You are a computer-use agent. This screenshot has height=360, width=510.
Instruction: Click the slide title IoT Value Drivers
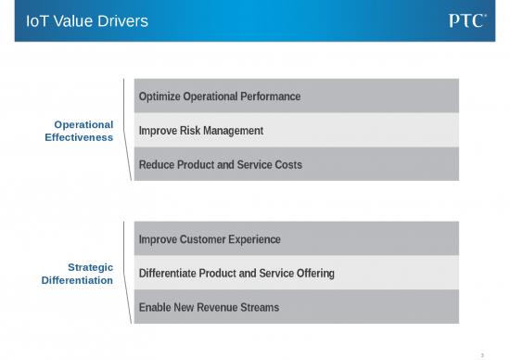pyautogui.click(x=87, y=20)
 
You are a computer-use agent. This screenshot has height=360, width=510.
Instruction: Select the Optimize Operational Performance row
pyautogui.click(x=297, y=96)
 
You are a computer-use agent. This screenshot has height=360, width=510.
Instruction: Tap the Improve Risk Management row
pyautogui.click(x=297, y=130)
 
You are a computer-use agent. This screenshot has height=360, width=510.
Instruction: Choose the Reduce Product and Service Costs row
pyautogui.click(x=297, y=164)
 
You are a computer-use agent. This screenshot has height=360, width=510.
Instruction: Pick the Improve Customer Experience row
pyautogui.click(x=297, y=239)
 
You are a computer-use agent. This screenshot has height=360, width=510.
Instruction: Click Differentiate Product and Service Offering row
pyautogui.click(x=297, y=274)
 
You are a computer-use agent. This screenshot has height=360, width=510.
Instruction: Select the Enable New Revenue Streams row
pyautogui.click(x=297, y=307)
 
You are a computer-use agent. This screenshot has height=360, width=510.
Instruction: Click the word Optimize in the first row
pyautogui.click(x=159, y=96)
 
